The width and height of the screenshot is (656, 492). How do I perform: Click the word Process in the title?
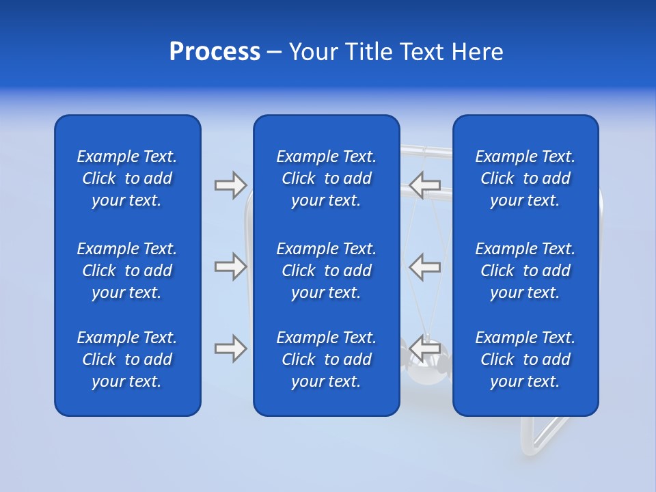coord(215,52)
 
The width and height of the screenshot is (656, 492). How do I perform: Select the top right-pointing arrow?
coord(230,184)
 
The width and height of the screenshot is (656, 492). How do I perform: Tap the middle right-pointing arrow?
coord(230,266)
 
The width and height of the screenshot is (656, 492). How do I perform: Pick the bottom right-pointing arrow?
coord(230,348)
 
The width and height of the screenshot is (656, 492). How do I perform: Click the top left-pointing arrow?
coord(425,184)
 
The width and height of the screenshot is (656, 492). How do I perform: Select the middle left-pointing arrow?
coord(425,266)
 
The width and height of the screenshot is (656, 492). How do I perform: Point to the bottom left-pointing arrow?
coord(425,348)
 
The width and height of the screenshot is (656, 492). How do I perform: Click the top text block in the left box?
coord(127,178)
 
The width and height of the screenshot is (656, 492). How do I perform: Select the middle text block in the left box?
coord(127,271)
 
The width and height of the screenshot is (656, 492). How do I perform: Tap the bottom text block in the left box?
coord(127,359)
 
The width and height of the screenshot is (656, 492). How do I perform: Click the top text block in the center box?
coord(327,178)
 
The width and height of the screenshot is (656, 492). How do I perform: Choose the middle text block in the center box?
coord(327,271)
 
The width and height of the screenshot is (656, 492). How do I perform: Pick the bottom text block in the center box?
coord(327,359)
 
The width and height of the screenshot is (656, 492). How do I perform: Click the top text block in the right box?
coord(525,178)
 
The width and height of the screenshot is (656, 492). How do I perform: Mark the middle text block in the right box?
coord(525,271)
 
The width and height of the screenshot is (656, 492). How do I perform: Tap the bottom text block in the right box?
coord(525,359)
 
